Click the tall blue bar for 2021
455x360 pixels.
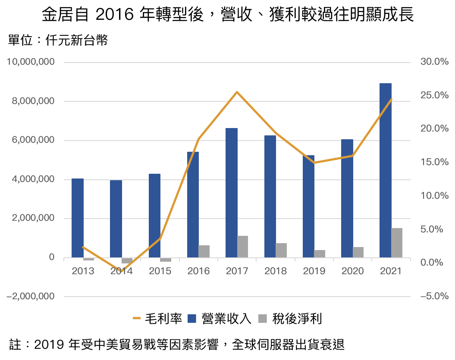(386, 170)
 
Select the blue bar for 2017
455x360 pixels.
(232, 193)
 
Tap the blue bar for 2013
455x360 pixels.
(78, 218)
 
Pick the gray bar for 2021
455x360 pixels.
(397, 243)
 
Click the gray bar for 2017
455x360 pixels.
(242, 247)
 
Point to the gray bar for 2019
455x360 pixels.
(320, 254)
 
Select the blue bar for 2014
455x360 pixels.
(116, 219)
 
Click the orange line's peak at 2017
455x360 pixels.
(237, 92)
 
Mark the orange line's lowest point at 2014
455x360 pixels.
(121, 271)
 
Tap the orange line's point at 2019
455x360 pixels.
(314, 163)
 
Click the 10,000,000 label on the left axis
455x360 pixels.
(31, 62)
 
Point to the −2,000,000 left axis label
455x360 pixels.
(31, 297)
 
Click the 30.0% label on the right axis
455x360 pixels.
(434, 62)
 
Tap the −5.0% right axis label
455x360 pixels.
(434, 297)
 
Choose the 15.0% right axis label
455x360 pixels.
(434, 163)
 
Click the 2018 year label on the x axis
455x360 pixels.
(276, 271)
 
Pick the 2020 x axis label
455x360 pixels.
(352, 271)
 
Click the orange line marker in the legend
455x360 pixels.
(137, 319)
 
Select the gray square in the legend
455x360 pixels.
(263, 319)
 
